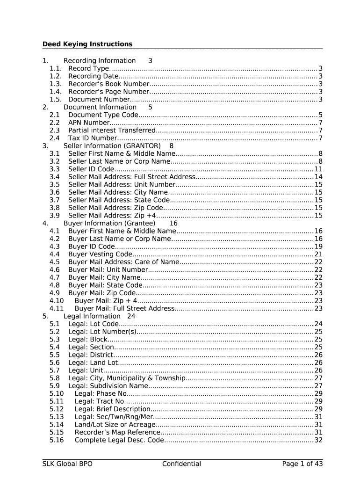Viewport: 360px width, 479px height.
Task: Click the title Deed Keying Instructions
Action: (87, 44)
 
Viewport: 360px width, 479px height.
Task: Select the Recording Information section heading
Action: (99, 61)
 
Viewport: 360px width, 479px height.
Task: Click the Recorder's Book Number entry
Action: (108, 84)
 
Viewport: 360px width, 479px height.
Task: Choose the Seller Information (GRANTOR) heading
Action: (112, 146)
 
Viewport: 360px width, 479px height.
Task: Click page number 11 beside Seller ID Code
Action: (318, 169)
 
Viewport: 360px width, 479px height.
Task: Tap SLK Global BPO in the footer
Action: (67, 464)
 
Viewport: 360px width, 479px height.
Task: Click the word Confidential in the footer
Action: (181, 464)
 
